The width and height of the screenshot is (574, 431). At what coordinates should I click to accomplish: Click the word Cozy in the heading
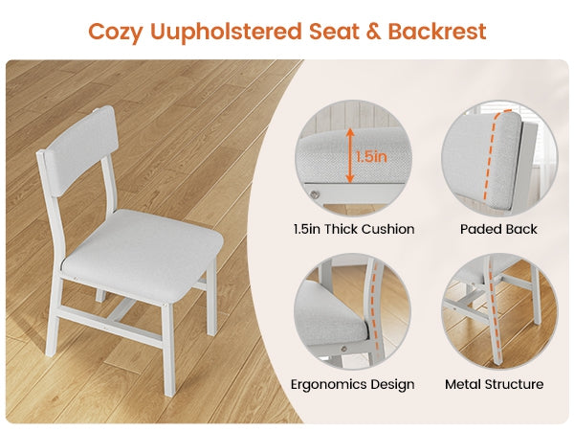click(116, 32)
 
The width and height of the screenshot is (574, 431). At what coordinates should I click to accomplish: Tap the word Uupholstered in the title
click(226, 32)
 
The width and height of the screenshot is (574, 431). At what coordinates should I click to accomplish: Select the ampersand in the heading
click(373, 32)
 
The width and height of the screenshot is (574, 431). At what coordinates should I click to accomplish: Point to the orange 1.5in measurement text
click(371, 157)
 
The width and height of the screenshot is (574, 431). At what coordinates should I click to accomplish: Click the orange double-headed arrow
click(350, 155)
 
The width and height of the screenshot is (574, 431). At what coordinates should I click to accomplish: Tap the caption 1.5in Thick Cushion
click(354, 229)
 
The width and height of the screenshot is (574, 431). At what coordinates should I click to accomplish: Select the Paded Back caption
click(498, 229)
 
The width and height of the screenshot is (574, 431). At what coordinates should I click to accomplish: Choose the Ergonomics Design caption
click(352, 384)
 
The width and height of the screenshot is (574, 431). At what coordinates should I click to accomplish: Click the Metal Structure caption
click(494, 384)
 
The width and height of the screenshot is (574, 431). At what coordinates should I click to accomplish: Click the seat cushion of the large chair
click(141, 253)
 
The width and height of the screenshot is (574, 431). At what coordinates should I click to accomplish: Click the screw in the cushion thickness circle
click(315, 194)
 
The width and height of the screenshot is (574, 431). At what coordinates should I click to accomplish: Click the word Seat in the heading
click(334, 32)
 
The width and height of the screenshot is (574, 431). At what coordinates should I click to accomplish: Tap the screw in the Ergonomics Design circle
click(343, 349)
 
